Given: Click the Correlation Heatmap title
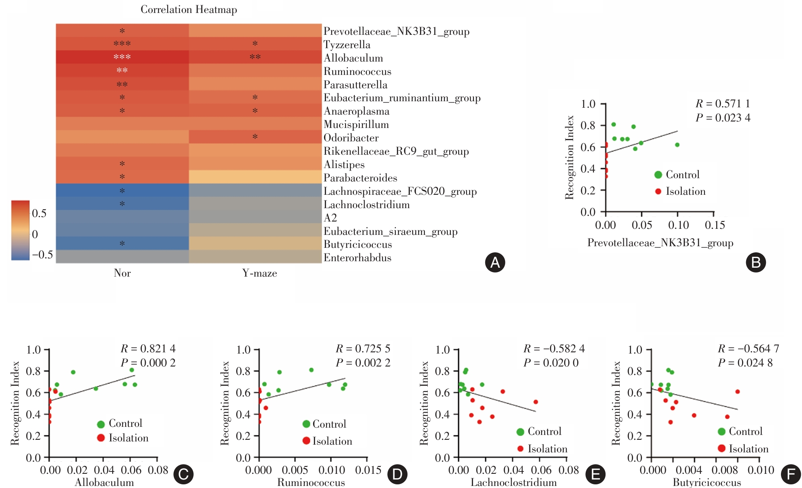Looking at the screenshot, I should click(x=189, y=10).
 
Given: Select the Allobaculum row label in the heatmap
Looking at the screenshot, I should click(x=353, y=58).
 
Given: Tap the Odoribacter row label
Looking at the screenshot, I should click(x=351, y=138).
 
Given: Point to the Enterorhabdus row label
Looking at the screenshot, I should click(x=357, y=258).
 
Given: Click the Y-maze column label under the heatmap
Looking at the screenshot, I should click(x=260, y=273).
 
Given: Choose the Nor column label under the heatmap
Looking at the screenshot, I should click(x=122, y=273).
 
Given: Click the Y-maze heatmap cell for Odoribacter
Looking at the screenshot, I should click(x=255, y=137).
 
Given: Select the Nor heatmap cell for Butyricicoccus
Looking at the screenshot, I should click(x=122, y=243).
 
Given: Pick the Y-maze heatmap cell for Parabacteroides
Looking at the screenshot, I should click(x=255, y=177).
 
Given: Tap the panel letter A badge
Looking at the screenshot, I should click(x=495, y=262).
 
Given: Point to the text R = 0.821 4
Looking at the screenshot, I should click(x=148, y=349).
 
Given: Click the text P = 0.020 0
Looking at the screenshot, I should click(x=551, y=363).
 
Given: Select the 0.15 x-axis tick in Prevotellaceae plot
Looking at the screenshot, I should click(x=715, y=225).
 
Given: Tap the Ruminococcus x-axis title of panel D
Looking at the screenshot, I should click(x=311, y=482).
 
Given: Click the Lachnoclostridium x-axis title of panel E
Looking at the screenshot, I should click(x=514, y=482).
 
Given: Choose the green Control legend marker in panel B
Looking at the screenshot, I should click(x=658, y=175).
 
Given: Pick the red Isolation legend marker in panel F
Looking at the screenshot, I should click(x=721, y=448).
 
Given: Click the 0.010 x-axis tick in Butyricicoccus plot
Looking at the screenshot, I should click(x=761, y=470).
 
